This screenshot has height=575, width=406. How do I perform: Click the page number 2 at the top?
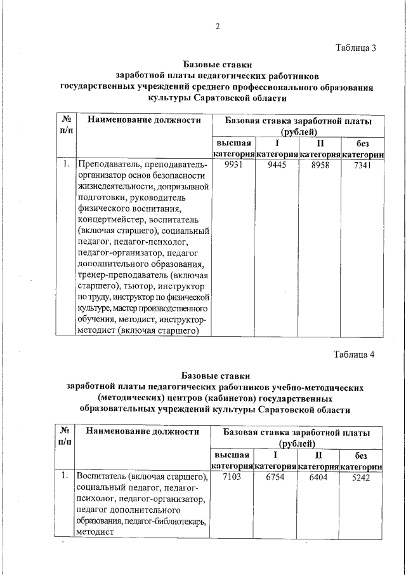pos(217,26)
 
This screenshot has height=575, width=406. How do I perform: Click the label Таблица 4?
pos(355,355)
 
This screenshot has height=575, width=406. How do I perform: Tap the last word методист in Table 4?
pos(94,533)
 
